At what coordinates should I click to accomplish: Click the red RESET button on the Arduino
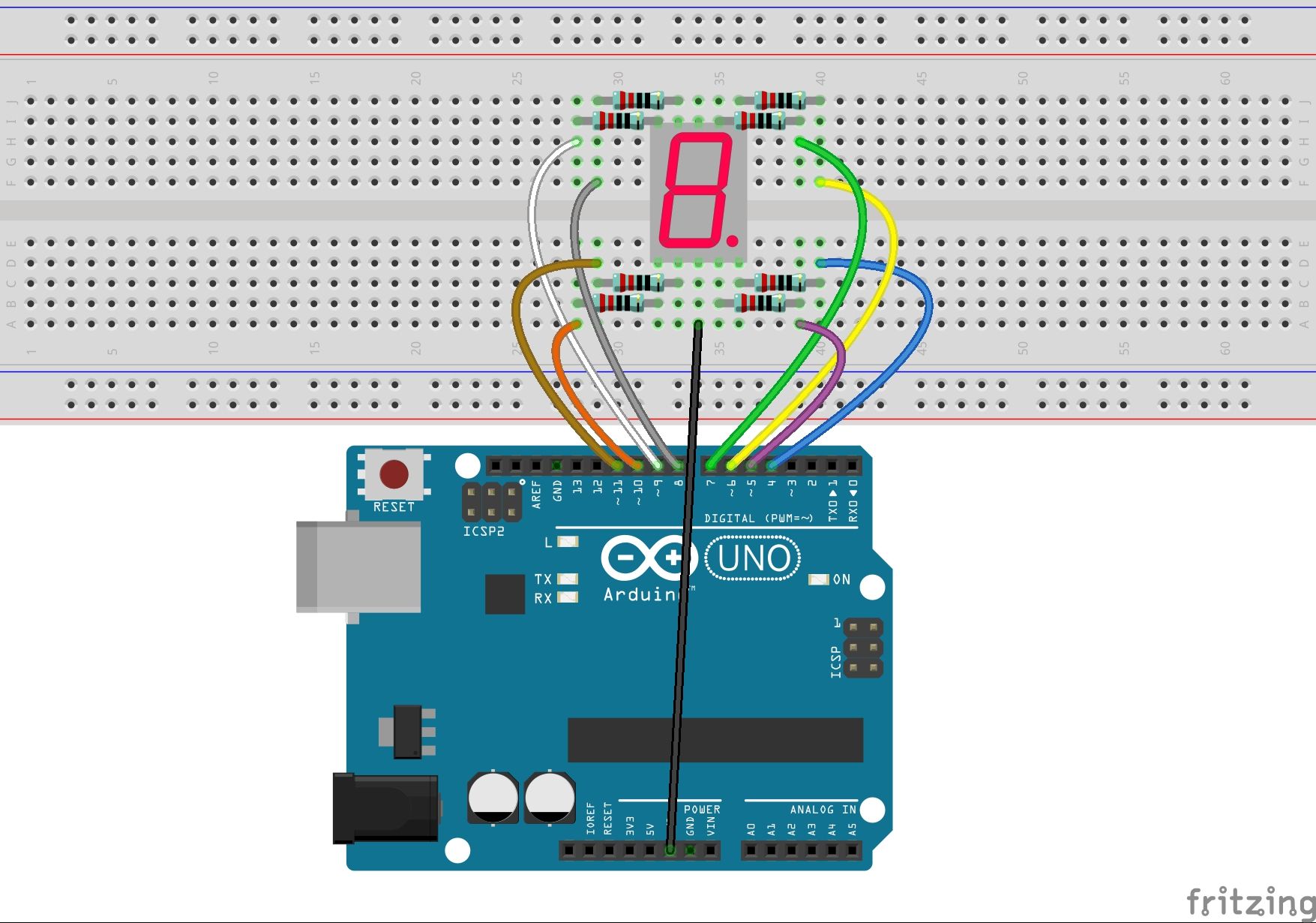coord(394,474)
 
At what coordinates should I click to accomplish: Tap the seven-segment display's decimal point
coord(732,241)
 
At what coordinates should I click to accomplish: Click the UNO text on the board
coord(753,558)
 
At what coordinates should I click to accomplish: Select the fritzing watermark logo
coord(1249,901)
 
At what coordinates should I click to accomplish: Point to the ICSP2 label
coord(484,531)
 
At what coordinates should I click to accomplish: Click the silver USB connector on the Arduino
coord(358,567)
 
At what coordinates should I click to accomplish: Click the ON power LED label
coord(841,579)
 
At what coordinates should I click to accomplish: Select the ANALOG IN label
coord(823,810)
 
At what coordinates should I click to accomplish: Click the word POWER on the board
coord(702,810)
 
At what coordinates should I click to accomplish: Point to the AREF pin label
coord(536,495)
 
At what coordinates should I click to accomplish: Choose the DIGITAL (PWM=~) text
coord(758,519)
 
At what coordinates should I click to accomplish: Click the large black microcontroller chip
coord(715,740)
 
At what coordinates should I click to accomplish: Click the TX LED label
coord(543,579)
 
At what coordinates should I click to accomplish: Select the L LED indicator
coord(568,542)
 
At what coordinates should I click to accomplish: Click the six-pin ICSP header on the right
coord(863,648)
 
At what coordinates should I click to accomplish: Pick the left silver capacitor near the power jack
coord(493,797)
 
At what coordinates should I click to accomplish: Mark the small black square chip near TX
coord(505,594)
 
